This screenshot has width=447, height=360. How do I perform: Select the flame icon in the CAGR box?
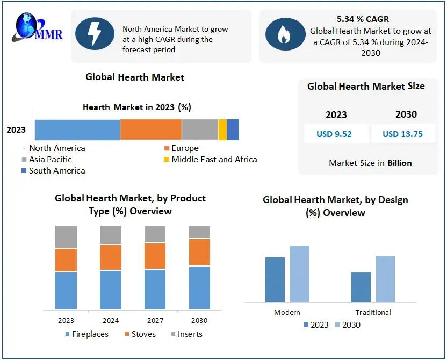click(283, 35)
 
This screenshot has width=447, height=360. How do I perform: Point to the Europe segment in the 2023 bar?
click(151, 130)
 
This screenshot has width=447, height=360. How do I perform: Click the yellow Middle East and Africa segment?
click(222, 130)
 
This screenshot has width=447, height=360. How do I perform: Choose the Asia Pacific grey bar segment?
click(200, 130)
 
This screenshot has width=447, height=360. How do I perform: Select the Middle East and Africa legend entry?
click(210, 160)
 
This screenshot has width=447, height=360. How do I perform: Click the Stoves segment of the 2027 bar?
click(155, 256)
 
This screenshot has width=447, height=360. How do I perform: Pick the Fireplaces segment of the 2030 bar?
click(199, 287)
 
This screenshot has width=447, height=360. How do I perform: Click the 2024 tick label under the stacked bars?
click(111, 320)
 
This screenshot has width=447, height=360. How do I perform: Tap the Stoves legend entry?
click(140, 334)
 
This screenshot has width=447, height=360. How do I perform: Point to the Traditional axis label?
click(373, 312)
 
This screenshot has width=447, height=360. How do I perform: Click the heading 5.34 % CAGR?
click(363, 19)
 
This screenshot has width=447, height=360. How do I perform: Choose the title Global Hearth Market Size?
click(366, 86)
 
